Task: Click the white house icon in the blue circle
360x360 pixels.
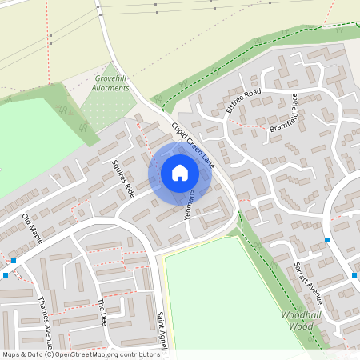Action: [179, 173]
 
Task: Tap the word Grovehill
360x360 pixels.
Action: [111, 78]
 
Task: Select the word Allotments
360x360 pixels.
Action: [111, 87]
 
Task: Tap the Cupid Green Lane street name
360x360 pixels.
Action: [193, 146]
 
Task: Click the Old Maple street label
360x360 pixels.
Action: [38, 229]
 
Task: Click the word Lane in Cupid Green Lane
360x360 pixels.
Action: [207, 159]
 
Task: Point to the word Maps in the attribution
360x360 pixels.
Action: [11, 354]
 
